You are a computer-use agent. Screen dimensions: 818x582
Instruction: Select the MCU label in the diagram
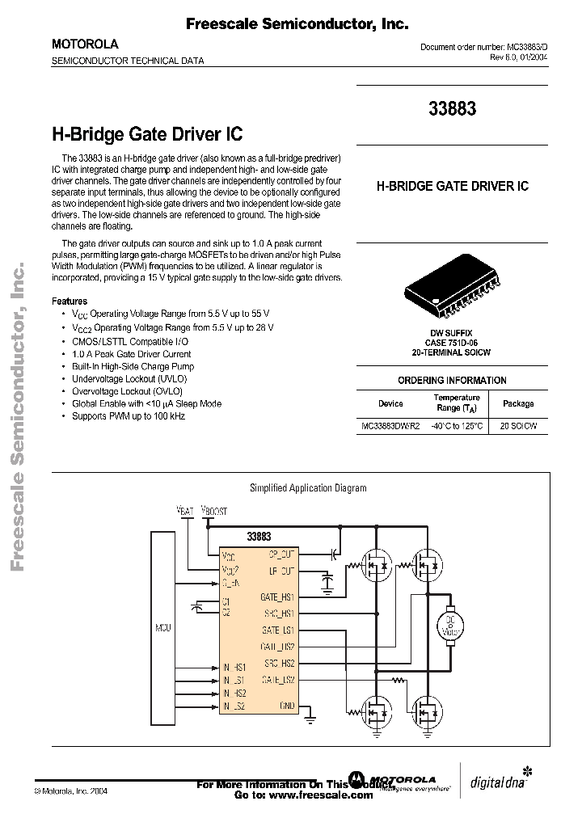point(163,626)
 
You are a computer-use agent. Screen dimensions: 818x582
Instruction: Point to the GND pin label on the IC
point(286,706)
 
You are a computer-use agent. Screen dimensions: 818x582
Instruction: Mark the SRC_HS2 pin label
point(280,663)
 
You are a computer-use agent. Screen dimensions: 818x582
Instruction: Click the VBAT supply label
point(185,511)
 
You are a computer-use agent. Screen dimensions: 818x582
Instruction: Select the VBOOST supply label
point(214,511)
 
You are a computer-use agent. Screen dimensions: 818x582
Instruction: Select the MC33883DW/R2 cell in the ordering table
point(390,425)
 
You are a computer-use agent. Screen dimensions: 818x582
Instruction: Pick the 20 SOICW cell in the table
point(518,425)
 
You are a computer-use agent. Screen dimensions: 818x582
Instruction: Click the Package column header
point(518,403)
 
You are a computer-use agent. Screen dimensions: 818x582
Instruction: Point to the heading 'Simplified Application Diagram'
point(307,487)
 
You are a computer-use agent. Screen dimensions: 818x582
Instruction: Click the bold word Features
point(70,300)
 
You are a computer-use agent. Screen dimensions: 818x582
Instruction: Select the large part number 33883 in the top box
point(452,108)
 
